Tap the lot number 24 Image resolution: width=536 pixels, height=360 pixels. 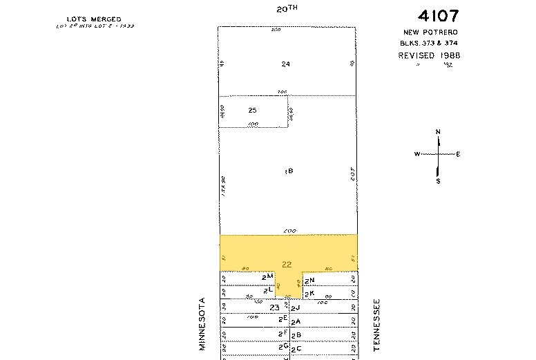285,64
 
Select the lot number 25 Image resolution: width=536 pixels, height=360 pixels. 252,110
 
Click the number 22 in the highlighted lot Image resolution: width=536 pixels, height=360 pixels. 287,264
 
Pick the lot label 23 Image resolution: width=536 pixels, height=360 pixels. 275,307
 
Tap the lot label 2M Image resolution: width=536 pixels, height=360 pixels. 270,276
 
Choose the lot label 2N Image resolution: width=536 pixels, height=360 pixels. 309,281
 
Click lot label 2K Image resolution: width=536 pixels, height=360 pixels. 309,293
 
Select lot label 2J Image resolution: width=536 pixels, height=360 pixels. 296,307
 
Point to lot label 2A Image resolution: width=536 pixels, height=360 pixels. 296,322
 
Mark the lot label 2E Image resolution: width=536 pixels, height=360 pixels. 282,319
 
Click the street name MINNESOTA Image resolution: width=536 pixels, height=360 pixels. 203,323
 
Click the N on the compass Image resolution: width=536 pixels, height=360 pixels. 438,131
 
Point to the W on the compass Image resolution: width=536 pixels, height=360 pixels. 417,154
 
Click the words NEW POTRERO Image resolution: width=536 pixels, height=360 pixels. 432,32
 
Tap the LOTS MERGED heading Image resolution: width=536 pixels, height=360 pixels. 94,19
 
